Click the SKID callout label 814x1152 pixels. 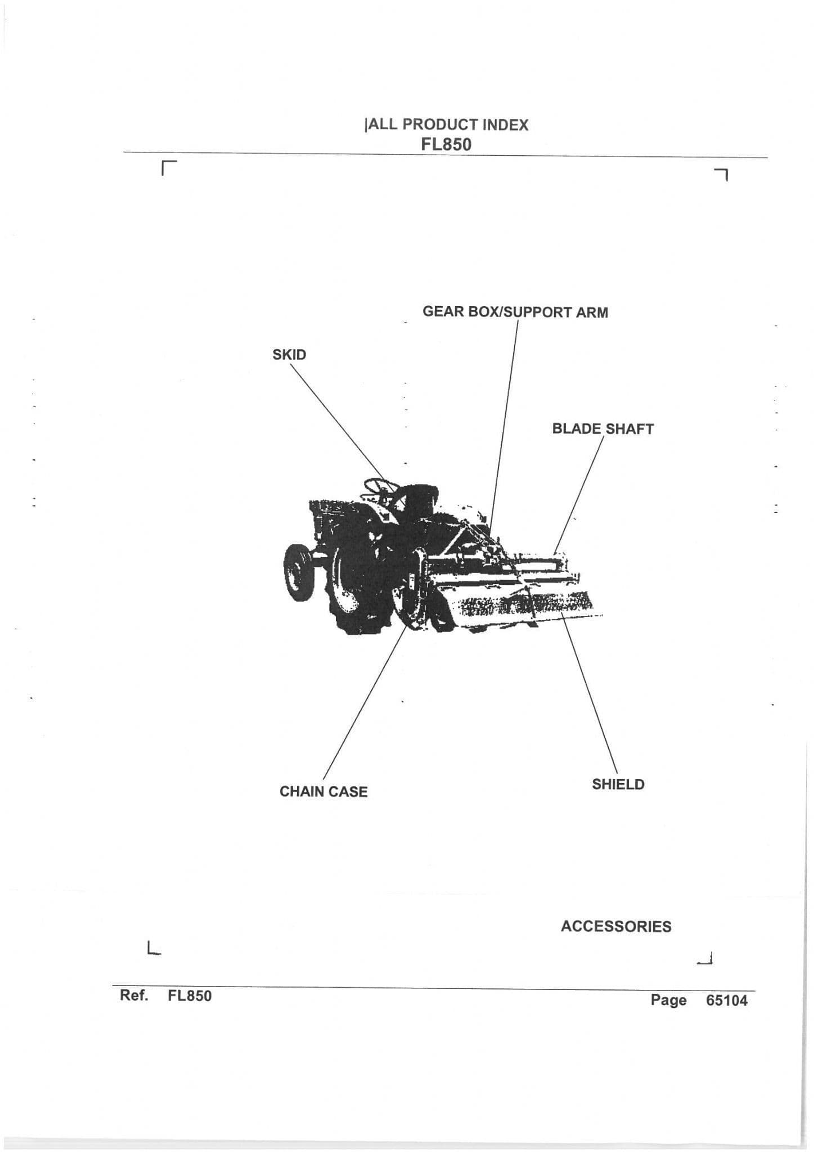(x=289, y=355)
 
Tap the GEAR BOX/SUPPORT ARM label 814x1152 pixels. (x=515, y=312)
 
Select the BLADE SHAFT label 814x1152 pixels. (x=602, y=429)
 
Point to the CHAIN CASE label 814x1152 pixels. (x=323, y=792)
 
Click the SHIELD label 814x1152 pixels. (x=618, y=785)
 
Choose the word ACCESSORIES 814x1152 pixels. (x=615, y=926)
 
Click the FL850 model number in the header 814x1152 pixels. (x=446, y=145)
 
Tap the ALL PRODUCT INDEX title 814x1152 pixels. (x=448, y=125)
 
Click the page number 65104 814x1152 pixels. (x=727, y=1000)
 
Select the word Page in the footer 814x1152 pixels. (x=668, y=1000)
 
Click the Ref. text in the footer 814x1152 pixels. (x=134, y=996)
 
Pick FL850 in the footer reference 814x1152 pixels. (x=190, y=996)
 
